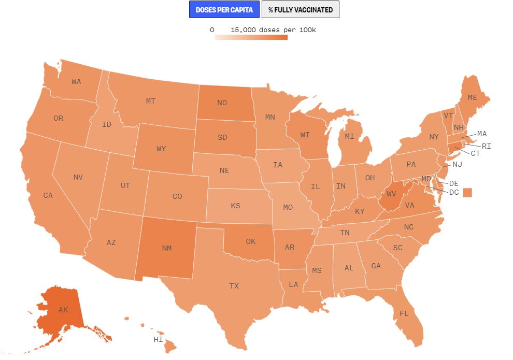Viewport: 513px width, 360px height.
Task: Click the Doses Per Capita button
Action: tap(224, 10)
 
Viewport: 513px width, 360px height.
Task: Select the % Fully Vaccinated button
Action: tap(301, 10)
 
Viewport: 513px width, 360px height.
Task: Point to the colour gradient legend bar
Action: tap(251, 37)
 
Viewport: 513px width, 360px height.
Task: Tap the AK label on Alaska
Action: tap(63, 310)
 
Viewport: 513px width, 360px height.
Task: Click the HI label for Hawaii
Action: tap(158, 340)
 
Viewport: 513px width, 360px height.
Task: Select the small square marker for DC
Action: tap(468, 192)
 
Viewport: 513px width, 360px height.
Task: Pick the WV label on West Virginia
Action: tap(391, 194)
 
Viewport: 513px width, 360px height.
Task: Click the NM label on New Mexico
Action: tap(167, 248)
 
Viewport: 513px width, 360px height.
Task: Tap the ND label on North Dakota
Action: tap(222, 103)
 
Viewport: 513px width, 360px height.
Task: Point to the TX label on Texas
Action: tap(234, 286)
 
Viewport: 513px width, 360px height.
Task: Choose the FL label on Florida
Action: tap(404, 313)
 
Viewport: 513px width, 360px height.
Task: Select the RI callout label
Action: tap(486, 146)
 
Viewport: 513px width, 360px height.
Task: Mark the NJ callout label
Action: tap(457, 164)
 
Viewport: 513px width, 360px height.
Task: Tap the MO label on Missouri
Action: tap(288, 208)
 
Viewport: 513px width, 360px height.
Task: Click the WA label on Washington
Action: tap(76, 81)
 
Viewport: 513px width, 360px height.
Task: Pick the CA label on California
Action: tap(48, 195)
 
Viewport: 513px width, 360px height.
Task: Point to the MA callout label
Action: tap(482, 134)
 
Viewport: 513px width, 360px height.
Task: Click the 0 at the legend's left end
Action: tap(212, 30)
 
